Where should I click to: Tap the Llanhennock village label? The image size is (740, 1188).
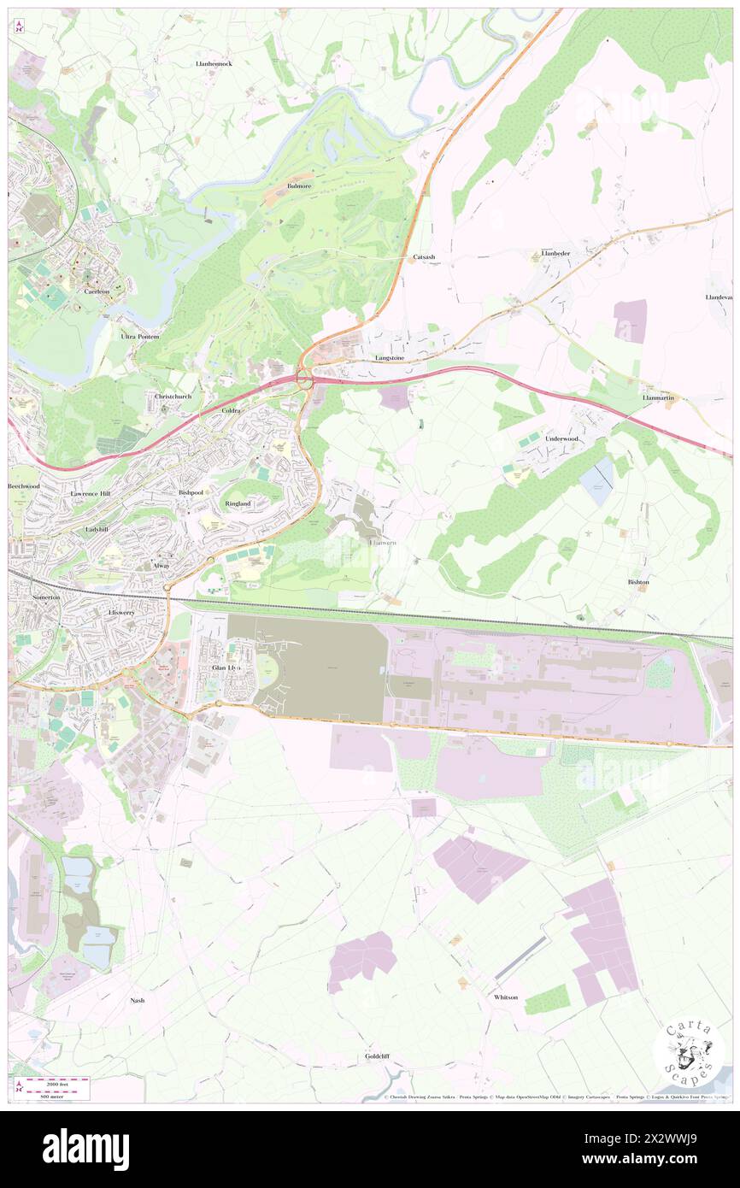pyautogui.click(x=213, y=64)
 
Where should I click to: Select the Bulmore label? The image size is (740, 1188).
pyautogui.click(x=301, y=185)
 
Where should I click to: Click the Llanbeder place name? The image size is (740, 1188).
pyautogui.click(x=555, y=254)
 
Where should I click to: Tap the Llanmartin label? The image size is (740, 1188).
pyautogui.click(x=658, y=398)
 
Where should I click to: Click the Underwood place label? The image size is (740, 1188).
pyautogui.click(x=561, y=438)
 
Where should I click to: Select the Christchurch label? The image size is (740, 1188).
pyautogui.click(x=173, y=397)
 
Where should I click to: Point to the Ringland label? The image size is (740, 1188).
pyautogui.click(x=238, y=504)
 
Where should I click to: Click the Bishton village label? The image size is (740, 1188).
pyautogui.click(x=638, y=582)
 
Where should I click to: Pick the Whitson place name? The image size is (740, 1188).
pyautogui.click(x=506, y=997)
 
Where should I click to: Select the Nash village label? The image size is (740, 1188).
pyautogui.click(x=137, y=1000)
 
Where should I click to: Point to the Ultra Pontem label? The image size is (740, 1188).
pyautogui.click(x=139, y=338)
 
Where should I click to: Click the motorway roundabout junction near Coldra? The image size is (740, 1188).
pyautogui.click(x=303, y=377)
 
